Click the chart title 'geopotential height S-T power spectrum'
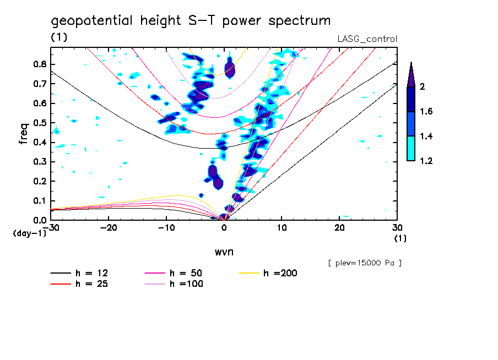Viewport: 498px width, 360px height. [191, 21]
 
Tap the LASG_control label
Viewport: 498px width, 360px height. [367, 39]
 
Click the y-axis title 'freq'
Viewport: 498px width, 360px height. [24, 133]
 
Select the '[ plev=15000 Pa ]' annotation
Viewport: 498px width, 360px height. [365, 263]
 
